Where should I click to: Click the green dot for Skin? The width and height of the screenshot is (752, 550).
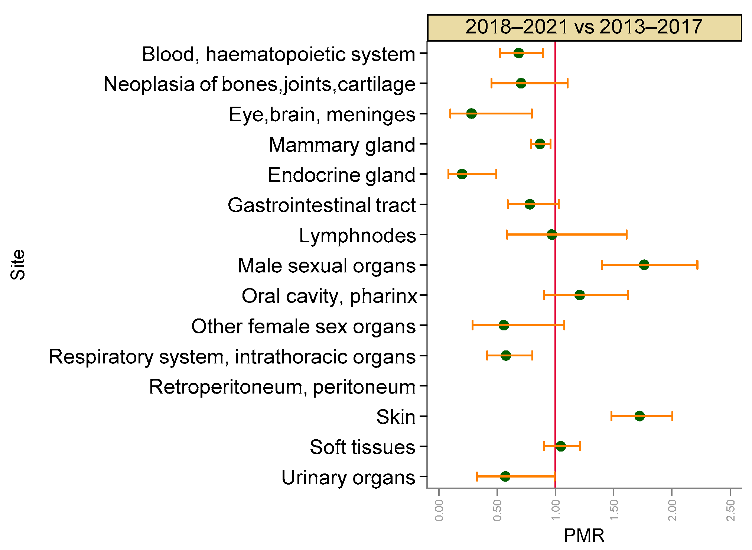coord(639,416)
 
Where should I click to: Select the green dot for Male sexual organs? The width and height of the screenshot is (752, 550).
coord(644,265)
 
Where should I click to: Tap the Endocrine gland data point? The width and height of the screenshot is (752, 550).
coord(462,174)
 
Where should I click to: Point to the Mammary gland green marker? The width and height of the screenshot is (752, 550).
coord(540,144)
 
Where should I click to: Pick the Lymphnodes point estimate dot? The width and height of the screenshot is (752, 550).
coord(552,234)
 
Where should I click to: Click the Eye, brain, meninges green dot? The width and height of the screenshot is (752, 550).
coord(471,113)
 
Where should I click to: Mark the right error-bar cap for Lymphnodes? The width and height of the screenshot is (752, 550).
coord(626,234)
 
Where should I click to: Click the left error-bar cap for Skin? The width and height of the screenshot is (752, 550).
coord(611,416)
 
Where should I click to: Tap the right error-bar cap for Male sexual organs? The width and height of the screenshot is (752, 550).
coord(697,265)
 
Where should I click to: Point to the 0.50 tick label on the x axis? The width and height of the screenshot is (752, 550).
coord(497,510)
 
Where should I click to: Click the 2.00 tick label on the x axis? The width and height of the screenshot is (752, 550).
coord(672,510)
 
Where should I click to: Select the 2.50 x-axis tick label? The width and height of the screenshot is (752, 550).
coord(730,510)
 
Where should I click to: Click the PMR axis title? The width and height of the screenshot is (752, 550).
coord(584,536)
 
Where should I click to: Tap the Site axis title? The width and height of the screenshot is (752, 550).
coord(18,264)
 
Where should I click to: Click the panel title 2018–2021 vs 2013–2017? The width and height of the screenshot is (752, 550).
coord(584,27)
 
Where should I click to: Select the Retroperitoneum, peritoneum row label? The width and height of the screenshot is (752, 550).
coord(282,387)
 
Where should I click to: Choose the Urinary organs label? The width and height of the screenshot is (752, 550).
coord(348,478)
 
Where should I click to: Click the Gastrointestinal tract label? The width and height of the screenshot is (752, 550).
coord(322,205)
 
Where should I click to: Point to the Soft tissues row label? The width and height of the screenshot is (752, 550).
coord(362,447)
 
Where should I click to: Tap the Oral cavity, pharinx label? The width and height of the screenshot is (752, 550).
coord(329,296)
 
